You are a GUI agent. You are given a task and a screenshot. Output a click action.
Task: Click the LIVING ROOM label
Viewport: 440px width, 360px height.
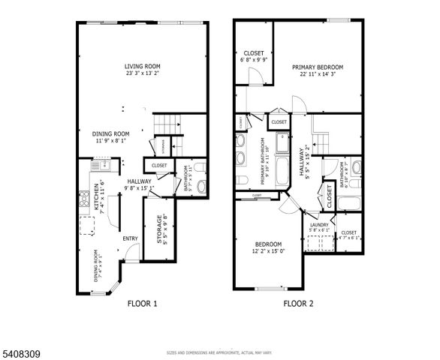[143, 67]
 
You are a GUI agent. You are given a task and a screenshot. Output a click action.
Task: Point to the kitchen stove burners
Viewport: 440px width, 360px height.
[83, 200]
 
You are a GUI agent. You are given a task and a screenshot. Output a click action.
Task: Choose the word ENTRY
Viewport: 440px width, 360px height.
[131, 238]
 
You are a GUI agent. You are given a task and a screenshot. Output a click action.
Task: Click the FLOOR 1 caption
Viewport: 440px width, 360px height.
[142, 304]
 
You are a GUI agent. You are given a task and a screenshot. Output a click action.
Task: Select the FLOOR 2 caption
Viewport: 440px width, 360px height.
[298, 304]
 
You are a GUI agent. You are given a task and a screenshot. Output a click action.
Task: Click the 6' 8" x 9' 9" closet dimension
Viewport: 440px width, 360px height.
[254, 60]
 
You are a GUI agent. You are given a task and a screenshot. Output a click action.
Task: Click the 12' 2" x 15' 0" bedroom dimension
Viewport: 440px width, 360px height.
[268, 251]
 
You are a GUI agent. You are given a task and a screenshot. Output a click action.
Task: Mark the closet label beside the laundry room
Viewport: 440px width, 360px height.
[349, 232]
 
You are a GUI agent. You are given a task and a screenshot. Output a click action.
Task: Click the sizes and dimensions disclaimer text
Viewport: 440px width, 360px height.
[219, 352]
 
